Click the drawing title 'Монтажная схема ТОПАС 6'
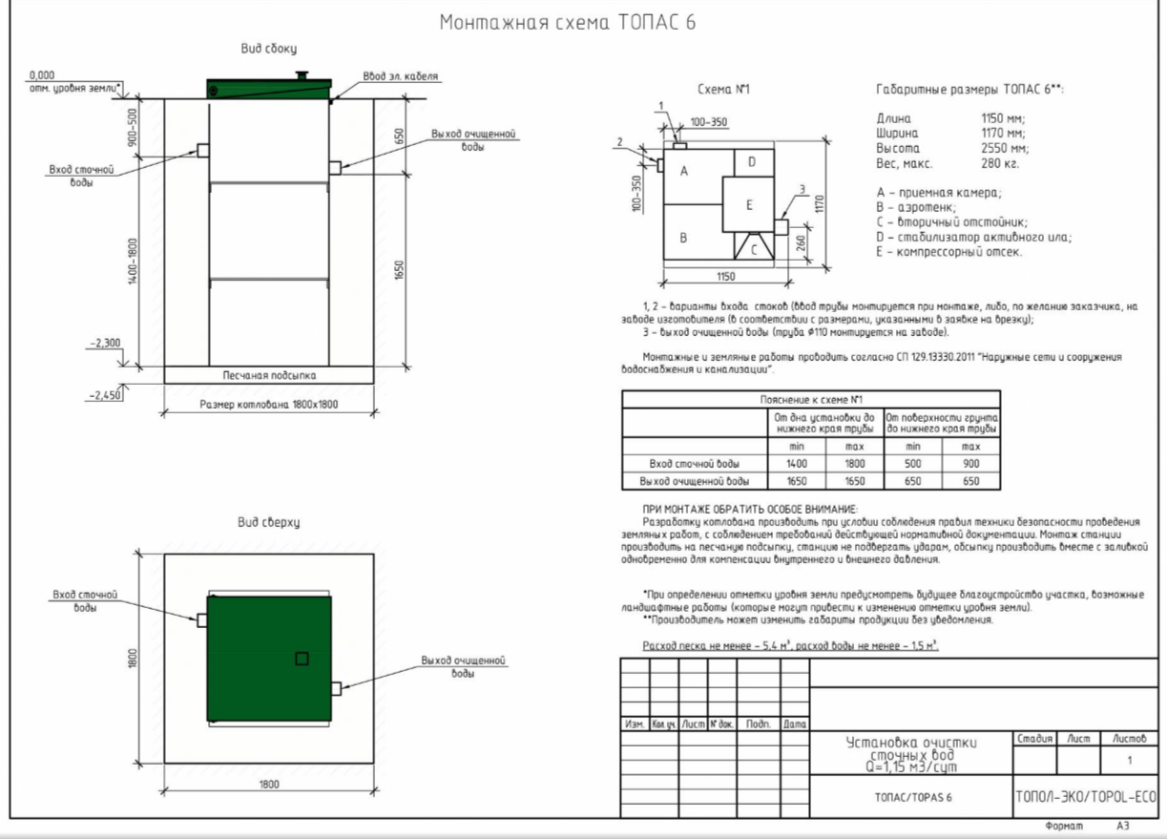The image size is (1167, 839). [x=568, y=22]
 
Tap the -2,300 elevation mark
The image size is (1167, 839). [x=105, y=343]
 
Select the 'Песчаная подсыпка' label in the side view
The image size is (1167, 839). [x=269, y=375]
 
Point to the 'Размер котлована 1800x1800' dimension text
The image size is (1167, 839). [x=269, y=405]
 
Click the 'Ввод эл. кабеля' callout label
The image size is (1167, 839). [x=400, y=76]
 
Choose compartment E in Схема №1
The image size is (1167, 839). [x=748, y=204]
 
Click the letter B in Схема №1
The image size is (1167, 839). [x=683, y=239]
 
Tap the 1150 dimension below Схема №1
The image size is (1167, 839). [x=725, y=276]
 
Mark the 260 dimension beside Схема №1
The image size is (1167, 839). [x=801, y=242]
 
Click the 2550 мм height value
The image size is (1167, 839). [x=1005, y=149]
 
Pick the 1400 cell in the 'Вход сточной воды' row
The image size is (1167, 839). [x=797, y=464]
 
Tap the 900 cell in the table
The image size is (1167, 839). [x=971, y=464]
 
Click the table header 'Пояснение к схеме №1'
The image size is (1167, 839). [x=811, y=400]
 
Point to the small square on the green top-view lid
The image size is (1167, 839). [x=302, y=659]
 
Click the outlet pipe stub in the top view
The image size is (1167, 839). [x=336, y=689]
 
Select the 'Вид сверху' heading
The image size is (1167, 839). [x=269, y=522]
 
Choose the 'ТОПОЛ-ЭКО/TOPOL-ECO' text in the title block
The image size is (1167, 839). [x=1086, y=797]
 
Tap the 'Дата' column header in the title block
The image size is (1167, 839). [x=795, y=724]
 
